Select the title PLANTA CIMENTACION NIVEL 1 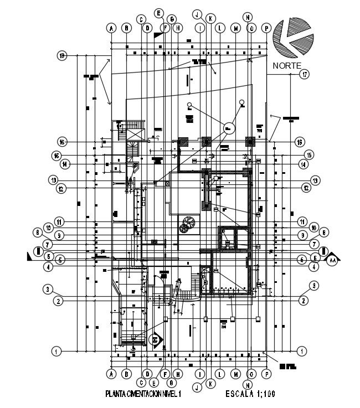click(x=143, y=394)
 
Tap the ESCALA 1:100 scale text click(x=251, y=394)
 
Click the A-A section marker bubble click(x=332, y=259)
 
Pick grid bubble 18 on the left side click(x=62, y=55)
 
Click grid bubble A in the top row click(x=112, y=27)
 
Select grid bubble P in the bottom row click(x=266, y=374)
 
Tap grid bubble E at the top click(x=158, y=13)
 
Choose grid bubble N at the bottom click(x=248, y=385)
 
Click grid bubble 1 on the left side click(x=55, y=350)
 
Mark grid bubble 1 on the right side click(x=302, y=350)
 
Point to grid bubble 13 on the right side click(x=315, y=180)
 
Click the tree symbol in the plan click(x=187, y=224)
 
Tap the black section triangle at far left click(x=29, y=256)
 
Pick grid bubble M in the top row click(x=235, y=27)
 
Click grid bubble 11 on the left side click(x=59, y=221)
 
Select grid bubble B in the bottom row click(x=126, y=374)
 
